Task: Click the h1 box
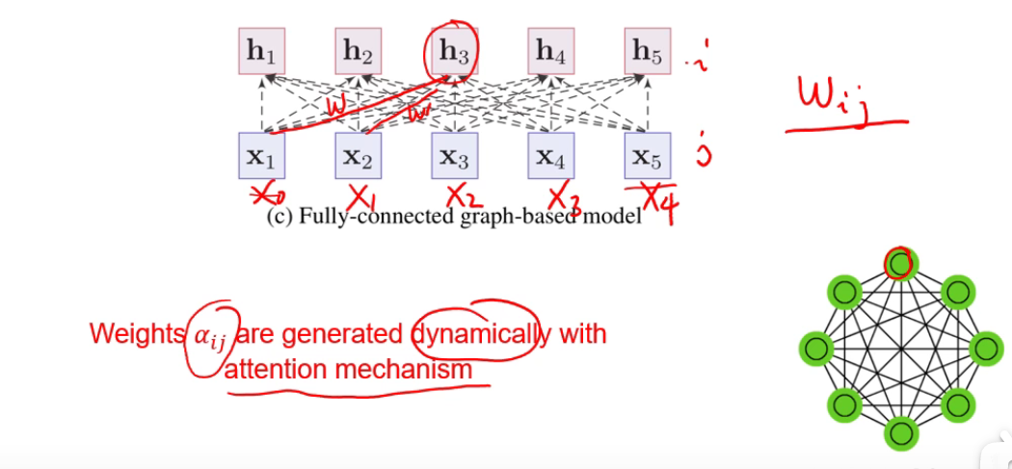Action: point(262,53)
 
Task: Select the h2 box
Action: point(359,53)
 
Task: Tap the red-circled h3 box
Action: point(454,53)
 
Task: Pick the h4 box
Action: point(550,53)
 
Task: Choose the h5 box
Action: point(647,53)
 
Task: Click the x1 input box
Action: point(262,155)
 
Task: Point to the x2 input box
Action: point(359,155)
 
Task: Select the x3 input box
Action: point(454,155)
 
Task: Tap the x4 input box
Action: point(550,155)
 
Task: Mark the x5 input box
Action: point(647,155)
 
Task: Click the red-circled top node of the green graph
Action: point(900,263)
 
